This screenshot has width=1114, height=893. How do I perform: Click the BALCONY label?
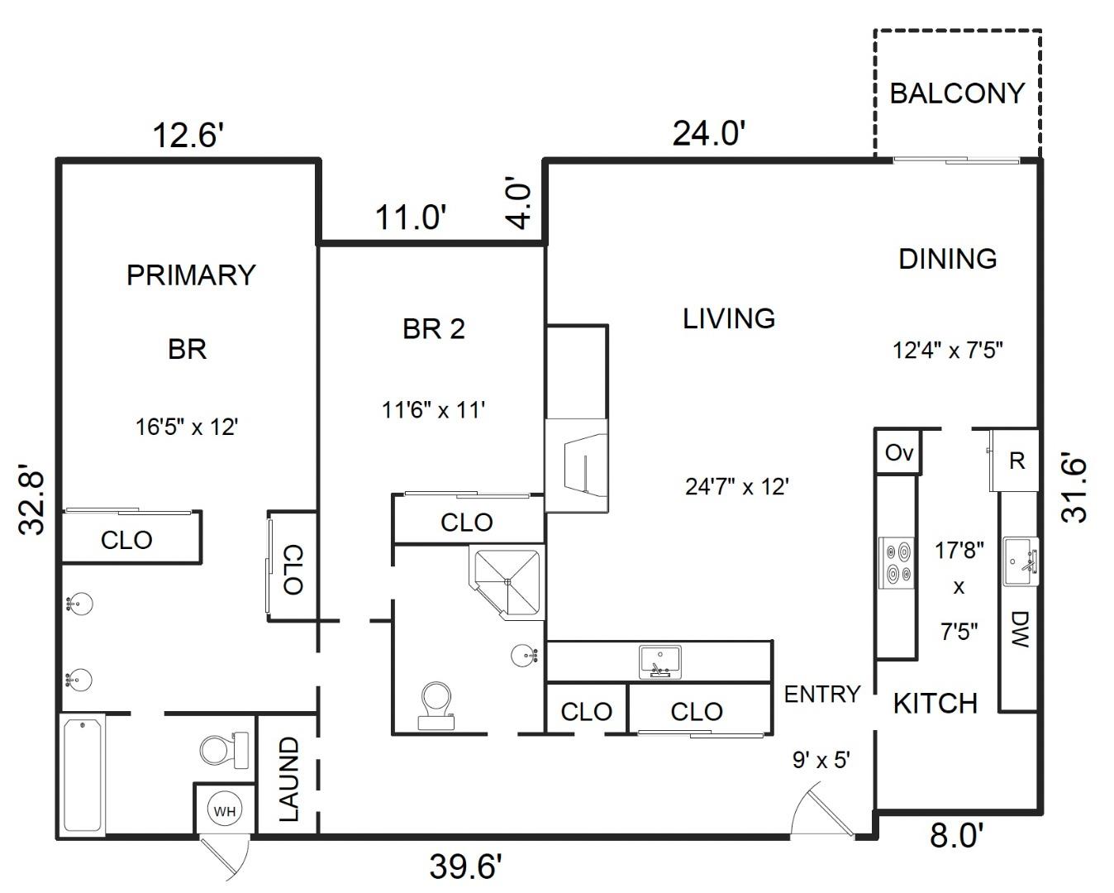pos(957,93)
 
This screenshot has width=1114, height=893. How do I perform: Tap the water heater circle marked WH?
pos(225,811)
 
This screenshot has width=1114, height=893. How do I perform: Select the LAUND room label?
pos(288,780)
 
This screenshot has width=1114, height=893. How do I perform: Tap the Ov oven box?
pos(898,452)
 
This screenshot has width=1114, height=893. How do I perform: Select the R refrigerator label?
pos(1017,461)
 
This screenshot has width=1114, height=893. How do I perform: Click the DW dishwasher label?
pos(1019,629)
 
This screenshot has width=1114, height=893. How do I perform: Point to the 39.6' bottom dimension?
pos(465,867)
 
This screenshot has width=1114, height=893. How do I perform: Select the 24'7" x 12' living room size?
pos(737,486)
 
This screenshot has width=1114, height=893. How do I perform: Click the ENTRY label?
pos(821,694)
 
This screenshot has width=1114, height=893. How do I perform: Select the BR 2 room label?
pos(434,329)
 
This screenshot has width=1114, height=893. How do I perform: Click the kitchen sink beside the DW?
pos(1021,561)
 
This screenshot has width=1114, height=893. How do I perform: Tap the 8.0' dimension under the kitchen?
pos(956,835)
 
